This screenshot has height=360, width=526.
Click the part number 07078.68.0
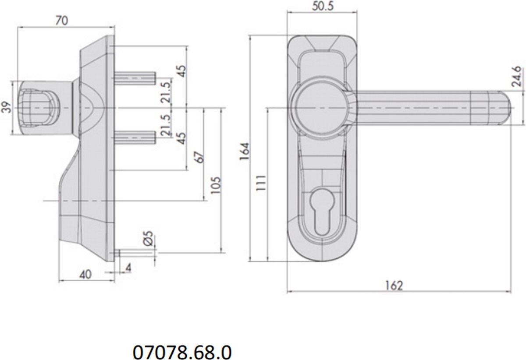click(x=182, y=352)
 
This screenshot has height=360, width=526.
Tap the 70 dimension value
click(x=62, y=21)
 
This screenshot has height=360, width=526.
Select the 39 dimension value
click(x=7, y=107)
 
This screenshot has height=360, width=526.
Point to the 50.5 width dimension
click(x=323, y=6)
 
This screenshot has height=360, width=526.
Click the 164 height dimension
click(x=245, y=152)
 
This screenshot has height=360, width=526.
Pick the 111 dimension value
click(x=261, y=183)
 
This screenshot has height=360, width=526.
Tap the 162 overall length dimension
click(x=394, y=286)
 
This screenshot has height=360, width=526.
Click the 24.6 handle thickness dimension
click(x=517, y=77)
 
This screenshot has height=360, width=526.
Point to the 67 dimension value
click(x=199, y=157)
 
